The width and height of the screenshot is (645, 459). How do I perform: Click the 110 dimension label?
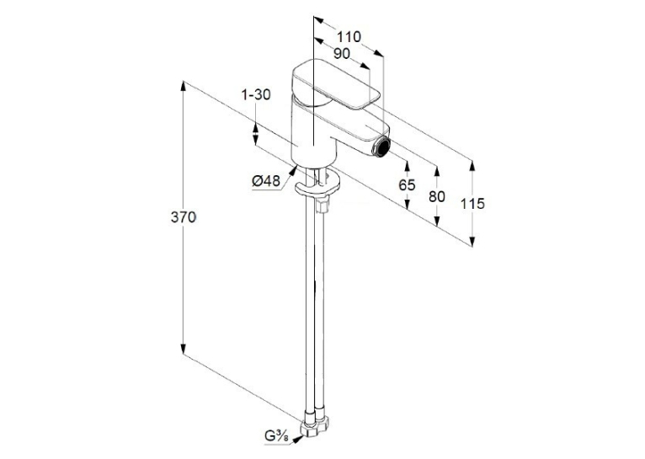(349, 37)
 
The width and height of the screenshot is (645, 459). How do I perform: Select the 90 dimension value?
(341, 53)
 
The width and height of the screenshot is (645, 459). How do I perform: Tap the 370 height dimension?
(184, 217)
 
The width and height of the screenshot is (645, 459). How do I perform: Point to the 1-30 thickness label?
(256, 94)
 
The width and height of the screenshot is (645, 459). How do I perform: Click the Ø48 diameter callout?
(266, 180)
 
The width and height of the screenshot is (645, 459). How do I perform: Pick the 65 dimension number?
(407, 185)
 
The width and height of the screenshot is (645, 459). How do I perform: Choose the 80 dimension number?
(437, 196)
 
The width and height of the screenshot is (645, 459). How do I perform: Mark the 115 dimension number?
(472, 204)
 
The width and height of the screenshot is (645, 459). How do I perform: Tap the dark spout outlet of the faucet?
(383, 147)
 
